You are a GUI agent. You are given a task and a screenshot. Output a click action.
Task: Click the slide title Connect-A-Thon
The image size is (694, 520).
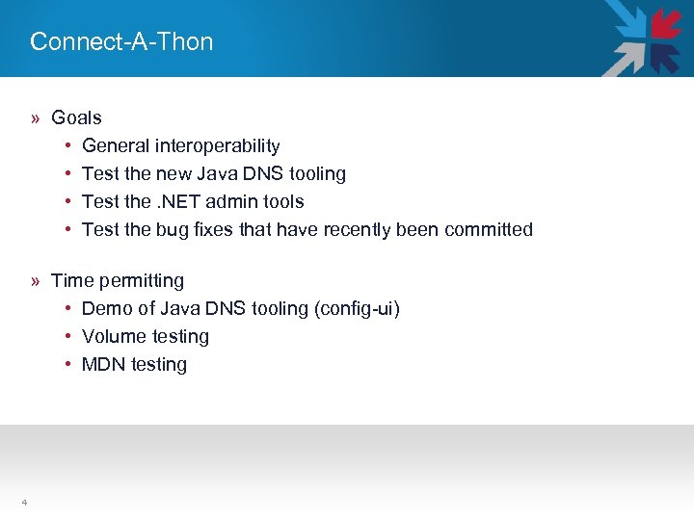121,41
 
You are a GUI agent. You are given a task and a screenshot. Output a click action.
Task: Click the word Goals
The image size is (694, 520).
76,117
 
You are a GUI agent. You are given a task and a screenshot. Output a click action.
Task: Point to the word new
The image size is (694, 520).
175,174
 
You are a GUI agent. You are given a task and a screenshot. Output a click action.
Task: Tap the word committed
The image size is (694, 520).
489,230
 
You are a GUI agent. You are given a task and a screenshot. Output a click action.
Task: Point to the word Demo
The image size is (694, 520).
105,309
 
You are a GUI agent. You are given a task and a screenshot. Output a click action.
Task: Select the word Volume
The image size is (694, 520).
113,337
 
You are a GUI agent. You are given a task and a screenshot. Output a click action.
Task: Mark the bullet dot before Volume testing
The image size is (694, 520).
68,337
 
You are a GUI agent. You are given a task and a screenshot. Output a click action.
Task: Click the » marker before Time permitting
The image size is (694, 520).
35,281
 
